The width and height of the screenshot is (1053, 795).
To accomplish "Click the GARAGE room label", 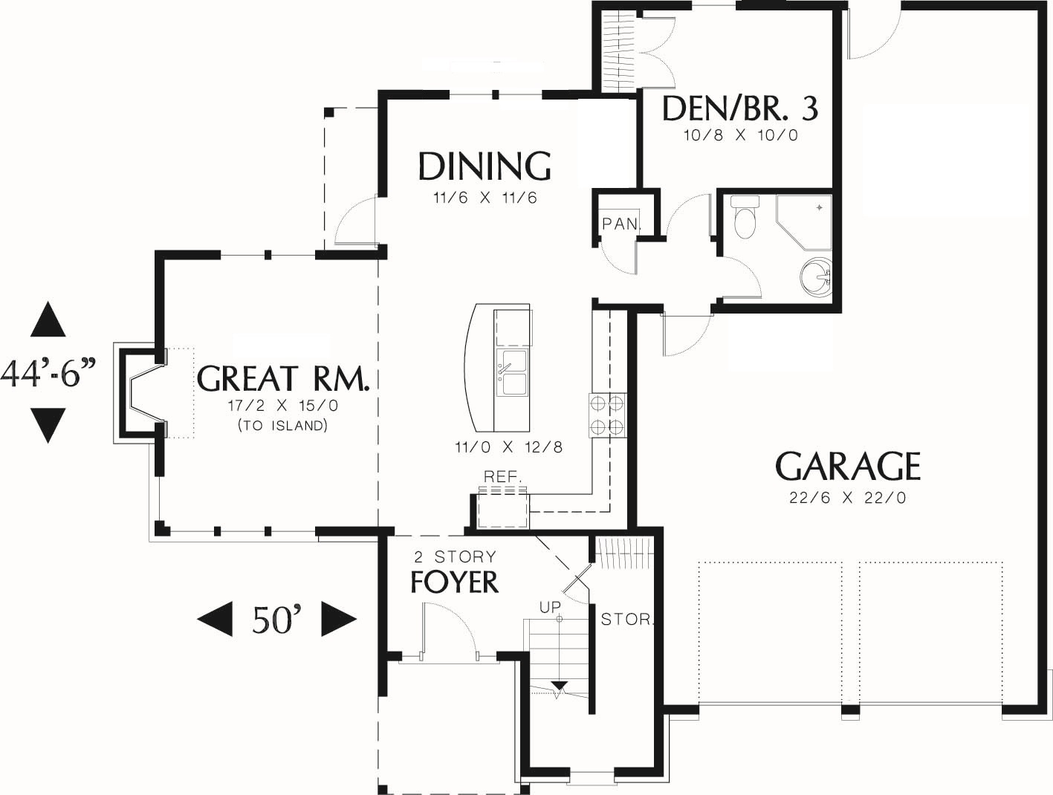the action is pyautogui.click(x=848, y=466).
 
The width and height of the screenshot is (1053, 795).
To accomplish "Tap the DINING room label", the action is pyautogui.click(x=485, y=166).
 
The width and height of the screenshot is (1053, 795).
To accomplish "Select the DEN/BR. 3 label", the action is pyautogui.click(x=740, y=108).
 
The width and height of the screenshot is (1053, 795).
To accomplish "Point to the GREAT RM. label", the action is pyautogui.click(x=284, y=378).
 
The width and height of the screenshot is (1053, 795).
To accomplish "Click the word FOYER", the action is pyautogui.click(x=454, y=582).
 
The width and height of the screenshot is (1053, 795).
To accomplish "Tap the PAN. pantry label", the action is pyautogui.click(x=621, y=224).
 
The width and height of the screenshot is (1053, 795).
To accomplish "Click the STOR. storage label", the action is pyautogui.click(x=627, y=620).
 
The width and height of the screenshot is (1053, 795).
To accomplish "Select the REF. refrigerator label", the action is pyautogui.click(x=503, y=476).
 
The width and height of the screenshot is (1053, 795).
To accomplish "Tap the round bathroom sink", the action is pyautogui.click(x=816, y=276).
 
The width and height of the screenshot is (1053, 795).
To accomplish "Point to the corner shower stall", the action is pyautogui.click(x=804, y=222).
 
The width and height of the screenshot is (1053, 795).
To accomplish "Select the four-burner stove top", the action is pyautogui.click(x=607, y=415).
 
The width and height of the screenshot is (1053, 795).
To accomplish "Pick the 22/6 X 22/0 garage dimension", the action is pyautogui.click(x=848, y=499).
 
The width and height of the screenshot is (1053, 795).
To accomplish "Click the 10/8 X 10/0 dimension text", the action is pyautogui.click(x=741, y=135).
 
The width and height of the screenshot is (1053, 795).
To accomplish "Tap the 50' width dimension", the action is pyautogui.click(x=277, y=620).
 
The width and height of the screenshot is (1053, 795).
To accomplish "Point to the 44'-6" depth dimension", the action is pyautogui.click(x=48, y=372).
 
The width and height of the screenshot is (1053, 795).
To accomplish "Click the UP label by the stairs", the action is pyautogui.click(x=550, y=607).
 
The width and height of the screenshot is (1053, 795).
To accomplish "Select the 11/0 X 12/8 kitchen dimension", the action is pyautogui.click(x=508, y=447).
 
